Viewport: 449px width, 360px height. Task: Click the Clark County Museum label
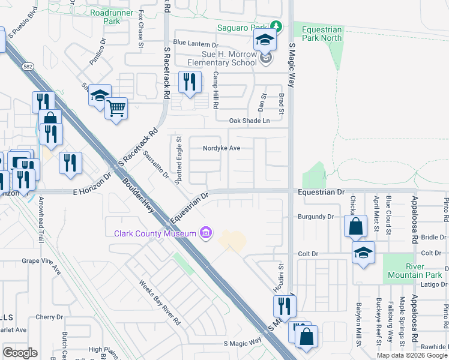155,233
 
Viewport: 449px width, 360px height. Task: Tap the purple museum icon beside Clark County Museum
206,232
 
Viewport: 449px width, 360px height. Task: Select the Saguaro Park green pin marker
276,27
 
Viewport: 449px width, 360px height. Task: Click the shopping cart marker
116,109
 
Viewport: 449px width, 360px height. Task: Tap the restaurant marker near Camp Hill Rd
190,82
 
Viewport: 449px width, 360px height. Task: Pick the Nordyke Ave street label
221,148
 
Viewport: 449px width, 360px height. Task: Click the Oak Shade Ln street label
250,121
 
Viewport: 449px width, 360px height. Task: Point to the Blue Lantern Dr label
195,44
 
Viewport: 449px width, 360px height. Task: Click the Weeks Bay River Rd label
160,302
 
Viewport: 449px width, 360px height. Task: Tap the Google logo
20,353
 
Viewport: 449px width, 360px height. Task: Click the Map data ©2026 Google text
412,355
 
